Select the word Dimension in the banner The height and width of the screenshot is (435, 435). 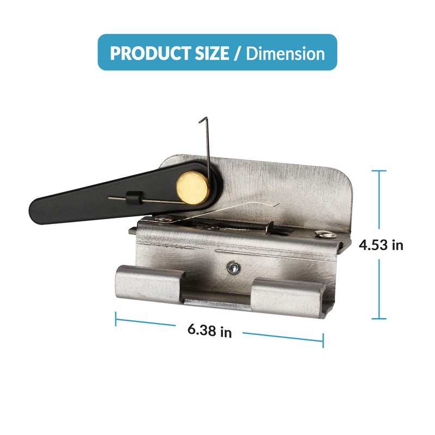pyautogui.click(x=285, y=53)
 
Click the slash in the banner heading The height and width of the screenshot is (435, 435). pyautogui.click(x=237, y=53)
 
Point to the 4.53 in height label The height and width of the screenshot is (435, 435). pyautogui.click(x=381, y=245)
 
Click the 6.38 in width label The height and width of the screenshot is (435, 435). pyautogui.click(x=209, y=331)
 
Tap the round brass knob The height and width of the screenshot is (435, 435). pyautogui.click(x=193, y=188)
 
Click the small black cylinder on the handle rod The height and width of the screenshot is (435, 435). pyautogui.click(x=131, y=197)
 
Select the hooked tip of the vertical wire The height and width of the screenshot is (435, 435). pyautogui.click(x=202, y=120)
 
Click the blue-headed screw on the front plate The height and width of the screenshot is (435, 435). pyautogui.click(x=233, y=268)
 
